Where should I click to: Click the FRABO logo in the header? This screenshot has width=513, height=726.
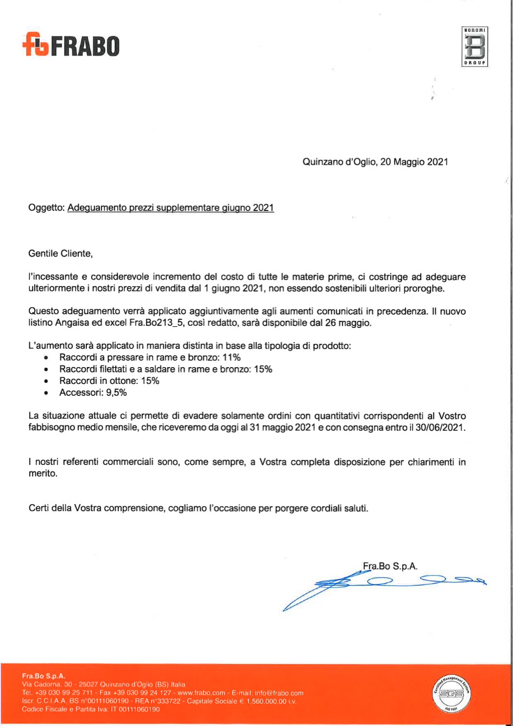click(71, 45)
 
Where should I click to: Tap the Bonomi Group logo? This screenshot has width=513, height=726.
click(474, 46)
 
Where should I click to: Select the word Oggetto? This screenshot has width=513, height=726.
click(46, 208)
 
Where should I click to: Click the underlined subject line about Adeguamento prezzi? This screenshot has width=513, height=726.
click(171, 208)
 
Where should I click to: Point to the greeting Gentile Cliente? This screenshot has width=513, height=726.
click(61, 253)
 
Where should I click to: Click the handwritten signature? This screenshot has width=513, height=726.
click(380, 585)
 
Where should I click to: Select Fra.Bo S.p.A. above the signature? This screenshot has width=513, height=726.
click(390, 566)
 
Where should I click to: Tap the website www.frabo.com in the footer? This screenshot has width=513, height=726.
click(201, 693)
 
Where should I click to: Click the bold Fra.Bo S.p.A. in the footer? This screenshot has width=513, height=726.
click(43, 676)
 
